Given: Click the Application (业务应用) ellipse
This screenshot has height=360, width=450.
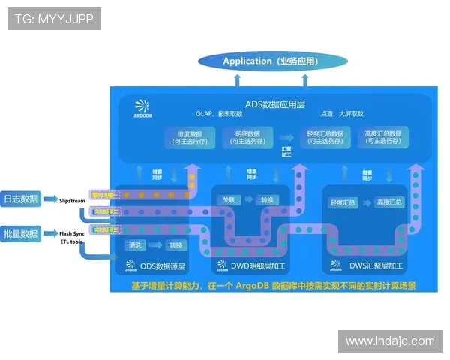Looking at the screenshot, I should tap(273, 61).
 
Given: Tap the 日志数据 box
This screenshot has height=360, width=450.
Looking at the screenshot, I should tap(20, 199).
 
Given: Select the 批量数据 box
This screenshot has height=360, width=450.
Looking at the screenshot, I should tap(20, 233).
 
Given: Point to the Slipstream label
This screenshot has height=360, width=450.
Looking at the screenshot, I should tap(73, 200).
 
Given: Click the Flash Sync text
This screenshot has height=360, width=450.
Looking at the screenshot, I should tap(72, 233).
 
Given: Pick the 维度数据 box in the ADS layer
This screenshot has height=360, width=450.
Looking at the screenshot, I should tap(190, 137).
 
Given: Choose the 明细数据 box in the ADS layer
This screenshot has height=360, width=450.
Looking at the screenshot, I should tap(247, 137).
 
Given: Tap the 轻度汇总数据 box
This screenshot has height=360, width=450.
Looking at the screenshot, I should tap(325, 137).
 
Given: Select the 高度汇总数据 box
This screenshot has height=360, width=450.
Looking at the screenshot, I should tap(382, 137).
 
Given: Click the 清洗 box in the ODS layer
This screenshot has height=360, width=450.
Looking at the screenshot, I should tap(136, 245).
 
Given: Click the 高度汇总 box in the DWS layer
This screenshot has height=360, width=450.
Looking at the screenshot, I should tap(389, 202).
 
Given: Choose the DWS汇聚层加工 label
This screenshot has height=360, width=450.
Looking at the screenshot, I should tap(367, 265).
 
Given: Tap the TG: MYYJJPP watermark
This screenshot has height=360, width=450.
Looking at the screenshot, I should tap(54, 19).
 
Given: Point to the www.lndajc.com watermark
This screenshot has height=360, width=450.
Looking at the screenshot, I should tap(390, 340).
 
